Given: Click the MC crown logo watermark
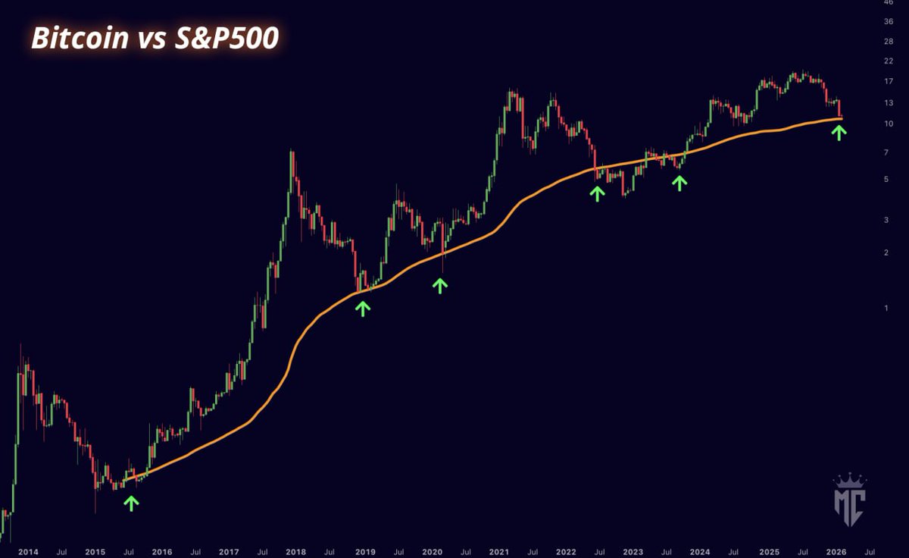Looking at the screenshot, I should coord(849,500).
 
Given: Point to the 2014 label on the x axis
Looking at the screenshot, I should coord(28,552).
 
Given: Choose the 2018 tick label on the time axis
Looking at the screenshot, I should coord(296,552).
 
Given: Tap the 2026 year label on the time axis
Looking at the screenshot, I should coord(836,552).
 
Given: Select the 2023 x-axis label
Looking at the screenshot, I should coord(633,552).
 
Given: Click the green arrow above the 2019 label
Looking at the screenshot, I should coord(363,308).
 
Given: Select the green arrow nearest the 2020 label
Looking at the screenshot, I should coord(440,285).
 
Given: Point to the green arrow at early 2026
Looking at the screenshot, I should coord(839,133).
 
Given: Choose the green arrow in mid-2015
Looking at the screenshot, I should coord(132,503).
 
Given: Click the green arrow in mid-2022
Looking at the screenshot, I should coord(598,193).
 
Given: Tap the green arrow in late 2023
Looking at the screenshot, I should coord(679,182).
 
